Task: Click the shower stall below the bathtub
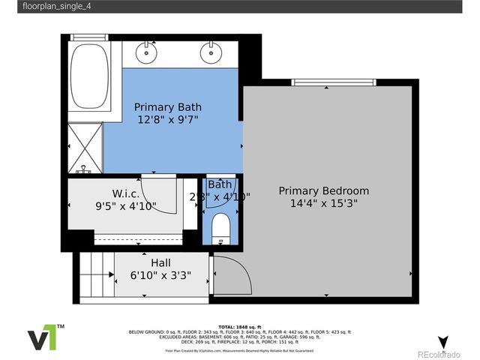pos(85,148)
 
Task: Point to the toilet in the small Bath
pos(221,227)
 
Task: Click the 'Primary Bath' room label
pos(168,106)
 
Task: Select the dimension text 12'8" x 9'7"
pos(168,119)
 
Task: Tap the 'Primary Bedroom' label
pos(324,190)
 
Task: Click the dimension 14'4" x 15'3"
pos(324,203)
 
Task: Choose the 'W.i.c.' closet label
pos(125,193)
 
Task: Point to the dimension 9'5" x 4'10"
pos(125,205)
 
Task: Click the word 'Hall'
pos(160,262)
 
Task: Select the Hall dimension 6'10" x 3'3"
pos(160,275)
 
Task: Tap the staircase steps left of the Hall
pos(95,275)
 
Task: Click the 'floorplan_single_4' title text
pos(51,7)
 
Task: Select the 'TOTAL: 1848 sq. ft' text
pos(240,328)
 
